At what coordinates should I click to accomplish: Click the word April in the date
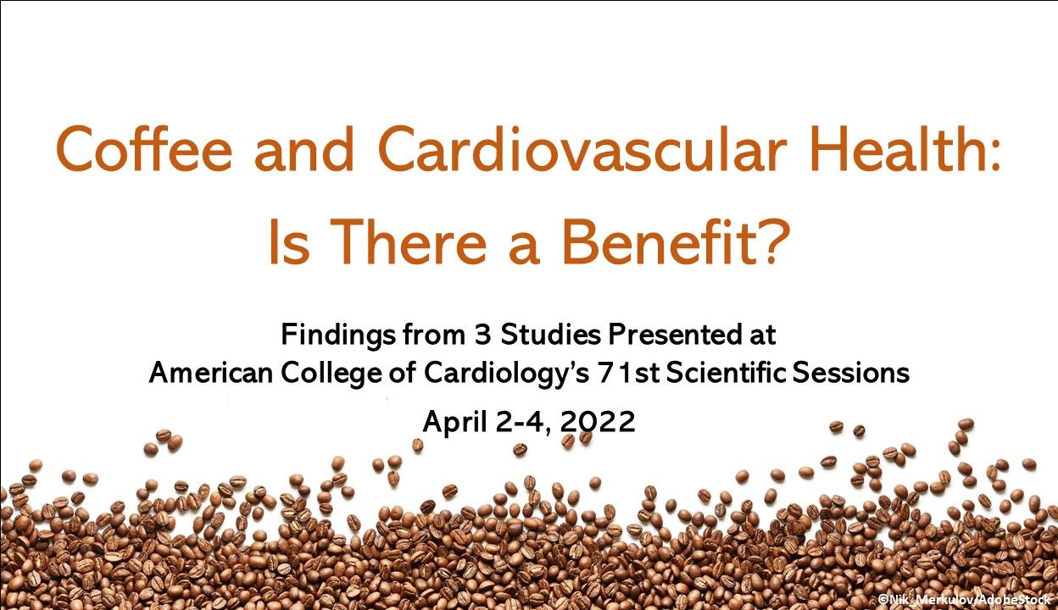(x=452, y=422)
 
